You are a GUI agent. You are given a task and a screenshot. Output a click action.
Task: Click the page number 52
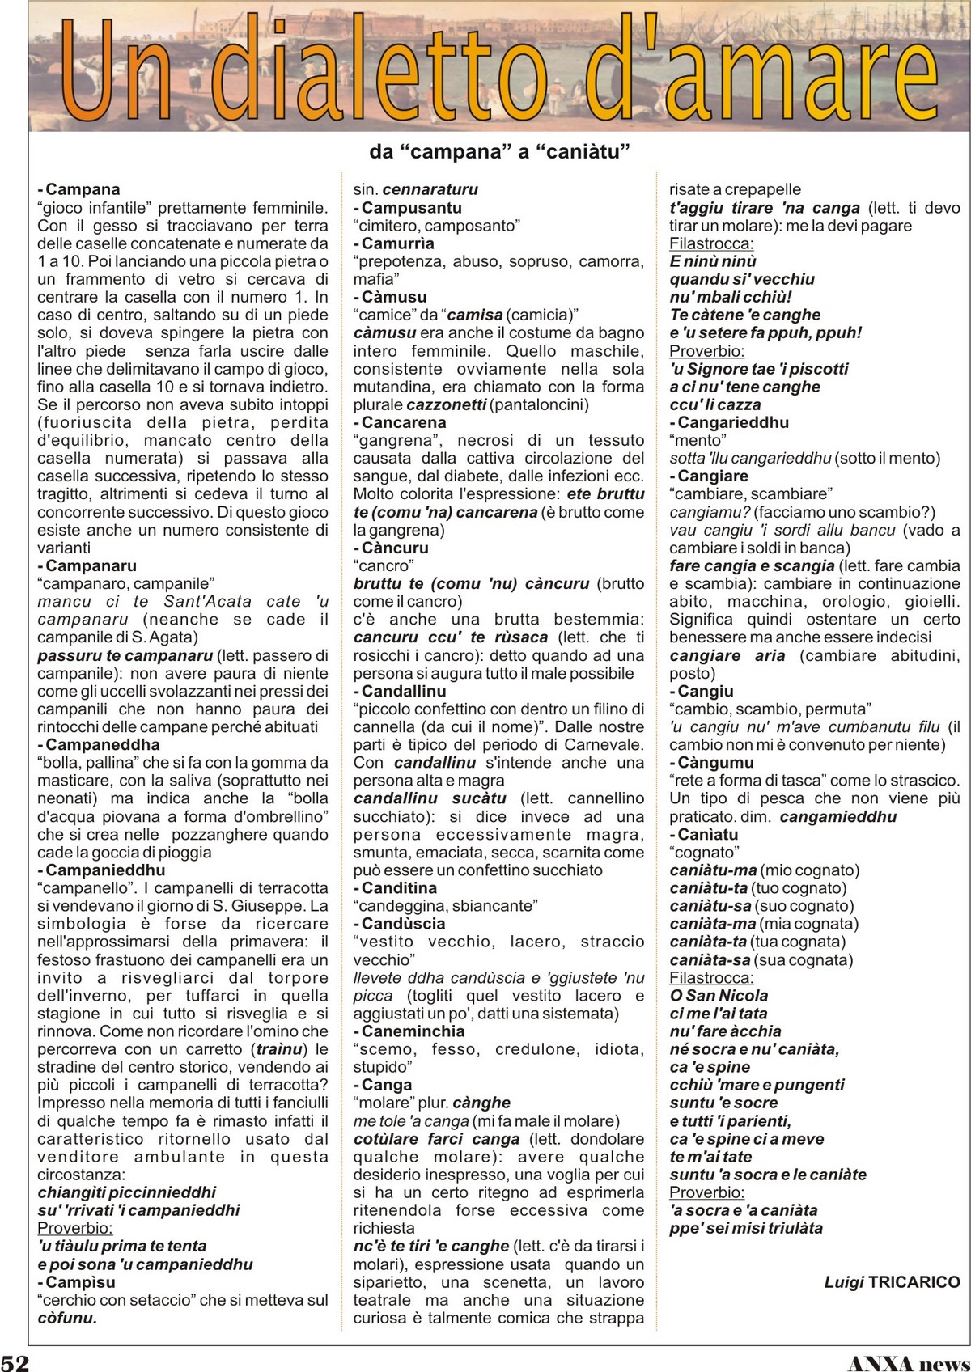(x=15, y=1361)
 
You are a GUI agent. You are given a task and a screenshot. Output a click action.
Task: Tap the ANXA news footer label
(x=908, y=1361)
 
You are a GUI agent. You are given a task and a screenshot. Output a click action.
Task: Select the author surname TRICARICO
(x=914, y=1281)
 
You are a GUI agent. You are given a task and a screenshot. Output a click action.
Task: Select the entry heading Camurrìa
(x=397, y=243)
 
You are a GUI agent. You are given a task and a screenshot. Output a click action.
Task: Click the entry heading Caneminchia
(x=413, y=1031)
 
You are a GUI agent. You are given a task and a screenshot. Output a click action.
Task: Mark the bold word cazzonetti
(x=447, y=404)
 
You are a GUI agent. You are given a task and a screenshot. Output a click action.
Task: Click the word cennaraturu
(x=430, y=189)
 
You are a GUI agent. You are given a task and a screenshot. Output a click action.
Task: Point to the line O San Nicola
(x=719, y=995)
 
